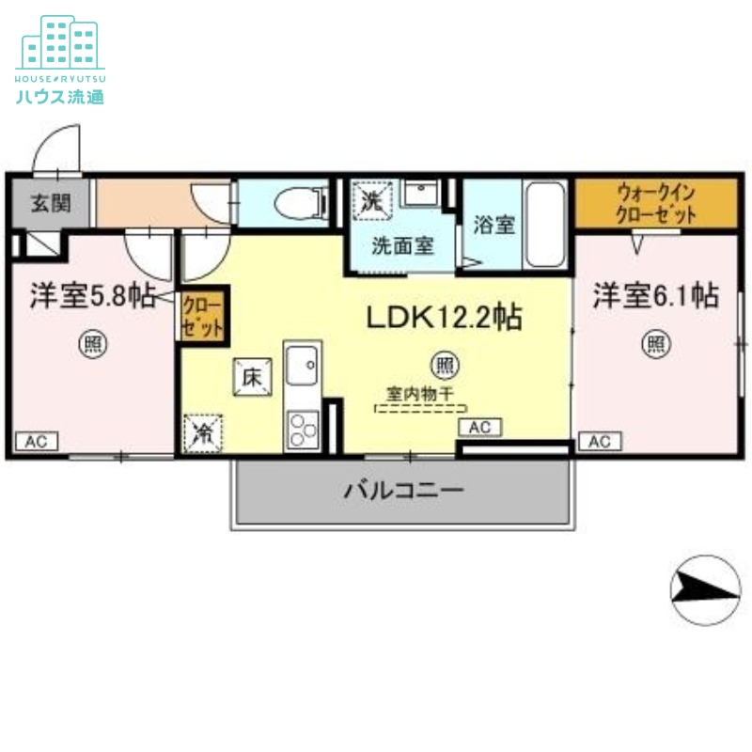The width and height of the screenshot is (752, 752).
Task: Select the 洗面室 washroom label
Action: click(x=401, y=246)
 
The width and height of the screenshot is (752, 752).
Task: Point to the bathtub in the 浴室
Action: click(x=544, y=224)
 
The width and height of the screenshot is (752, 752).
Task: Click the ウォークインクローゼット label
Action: click(x=656, y=203)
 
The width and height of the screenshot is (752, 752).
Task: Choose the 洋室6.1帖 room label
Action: click(x=655, y=296)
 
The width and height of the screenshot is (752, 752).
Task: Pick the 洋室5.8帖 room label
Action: click(x=92, y=296)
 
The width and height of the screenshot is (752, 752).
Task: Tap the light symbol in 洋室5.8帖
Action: click(x=92, y=344)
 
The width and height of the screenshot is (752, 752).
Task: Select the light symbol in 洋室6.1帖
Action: click(x=656, y=344)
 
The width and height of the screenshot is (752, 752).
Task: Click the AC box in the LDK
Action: click(x=479, y=428)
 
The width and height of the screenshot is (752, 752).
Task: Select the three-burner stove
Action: click(x=304, y=429)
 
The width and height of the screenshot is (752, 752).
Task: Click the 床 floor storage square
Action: click(x=253, y=378)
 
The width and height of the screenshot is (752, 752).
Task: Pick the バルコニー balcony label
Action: click(x=402, y=490)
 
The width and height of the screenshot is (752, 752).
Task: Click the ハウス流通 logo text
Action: click(x=59, y=96)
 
